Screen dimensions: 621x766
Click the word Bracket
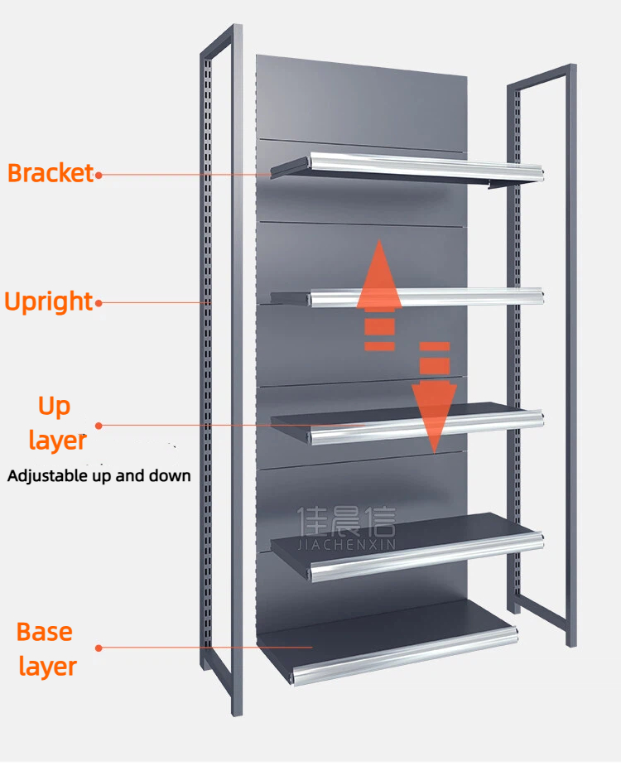(x=51, y=173)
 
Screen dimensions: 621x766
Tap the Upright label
(x=48, y=301)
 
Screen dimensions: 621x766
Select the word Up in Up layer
(x=54, y=407)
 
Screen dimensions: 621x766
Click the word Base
(x=45, y=632)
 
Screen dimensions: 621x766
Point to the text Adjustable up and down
(x=99, y=476)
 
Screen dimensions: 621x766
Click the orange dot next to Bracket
(x=99, y=175)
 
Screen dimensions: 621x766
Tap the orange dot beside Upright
(x=99, y=303)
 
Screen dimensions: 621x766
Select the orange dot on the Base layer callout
(x=99, y=648)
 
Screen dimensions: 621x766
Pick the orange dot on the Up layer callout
(x=99, y=426)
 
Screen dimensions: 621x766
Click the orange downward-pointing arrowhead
(x=434, y=415)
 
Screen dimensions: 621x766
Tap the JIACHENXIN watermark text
(x=346, y=545)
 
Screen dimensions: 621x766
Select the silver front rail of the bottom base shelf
(x=405, y=657)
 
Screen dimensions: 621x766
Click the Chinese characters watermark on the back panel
(x=346, y=521)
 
